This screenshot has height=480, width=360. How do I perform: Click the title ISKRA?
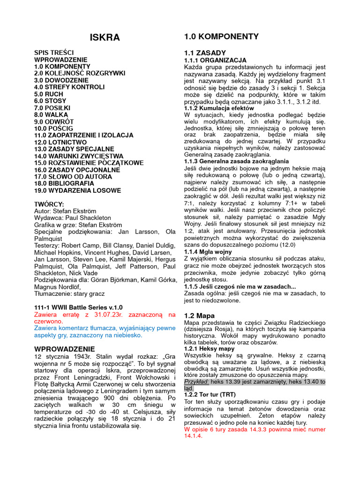coord(105,37)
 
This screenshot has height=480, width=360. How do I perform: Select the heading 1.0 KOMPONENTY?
coord(221,37)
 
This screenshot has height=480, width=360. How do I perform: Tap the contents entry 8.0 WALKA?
coord(52,115)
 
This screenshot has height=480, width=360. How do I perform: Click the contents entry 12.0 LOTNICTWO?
coord(60,142)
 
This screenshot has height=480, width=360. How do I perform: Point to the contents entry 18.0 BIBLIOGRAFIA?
coord(64,183)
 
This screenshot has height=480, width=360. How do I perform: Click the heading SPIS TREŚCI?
coord(54,53)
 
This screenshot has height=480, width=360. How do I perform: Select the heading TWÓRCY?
coord(49,204)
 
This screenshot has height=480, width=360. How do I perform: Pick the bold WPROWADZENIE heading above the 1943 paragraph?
coord(65,349)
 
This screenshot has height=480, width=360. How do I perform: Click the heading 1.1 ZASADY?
coord(205,53)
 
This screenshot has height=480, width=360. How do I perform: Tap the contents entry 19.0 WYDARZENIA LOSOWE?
coord(77,190)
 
